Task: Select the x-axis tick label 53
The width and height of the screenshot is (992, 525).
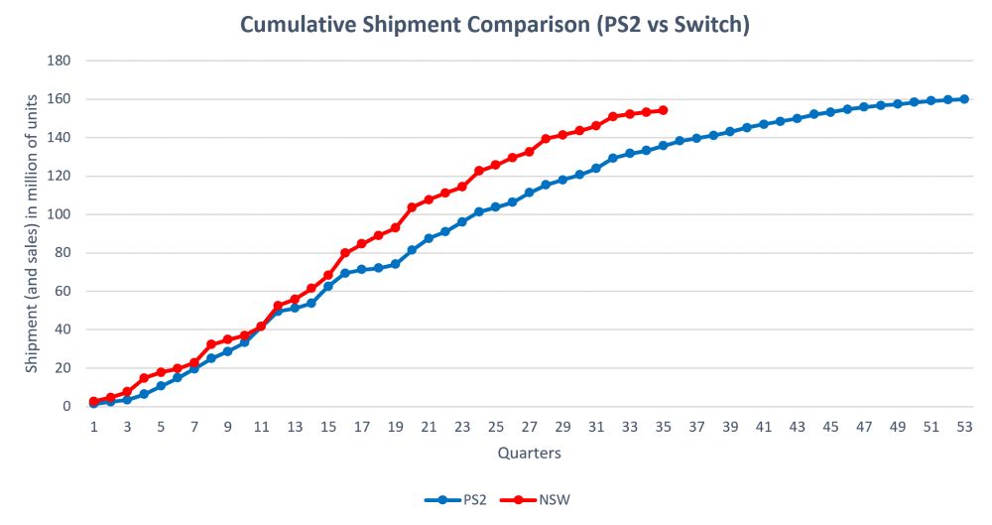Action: coord(964,426)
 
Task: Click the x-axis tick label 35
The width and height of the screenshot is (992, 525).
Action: coord(663,426)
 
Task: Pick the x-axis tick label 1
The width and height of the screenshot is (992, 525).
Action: coord(93,426)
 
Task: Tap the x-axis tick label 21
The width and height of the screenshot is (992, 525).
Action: coord(429,426)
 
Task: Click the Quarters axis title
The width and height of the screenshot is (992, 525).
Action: coord(529,454)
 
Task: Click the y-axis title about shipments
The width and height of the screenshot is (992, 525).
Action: coord(33,233)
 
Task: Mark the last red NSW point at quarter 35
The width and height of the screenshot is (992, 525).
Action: coord(663,110)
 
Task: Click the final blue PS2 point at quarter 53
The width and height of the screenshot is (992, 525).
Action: coord(964,99)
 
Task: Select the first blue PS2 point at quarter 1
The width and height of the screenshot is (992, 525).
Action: coord(93,404)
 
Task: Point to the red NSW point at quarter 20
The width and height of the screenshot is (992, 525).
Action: coord(412,207)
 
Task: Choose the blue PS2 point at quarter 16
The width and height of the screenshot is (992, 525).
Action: coord(344,273)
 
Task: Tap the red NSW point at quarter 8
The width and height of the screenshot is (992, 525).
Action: coord(210,344)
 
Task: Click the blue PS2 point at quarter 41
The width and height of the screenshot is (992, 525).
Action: coord(764,124)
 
